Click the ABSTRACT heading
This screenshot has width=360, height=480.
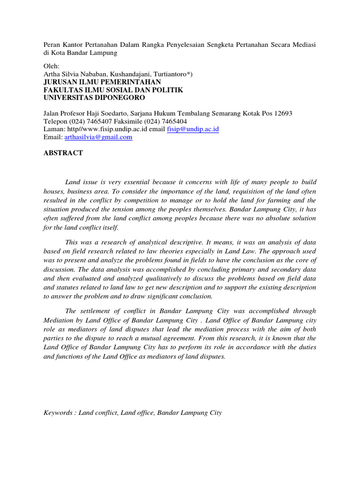pos(63,153)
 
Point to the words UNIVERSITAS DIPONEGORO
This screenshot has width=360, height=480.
pos(94,97)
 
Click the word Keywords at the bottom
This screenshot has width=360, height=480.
pos(59,413)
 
